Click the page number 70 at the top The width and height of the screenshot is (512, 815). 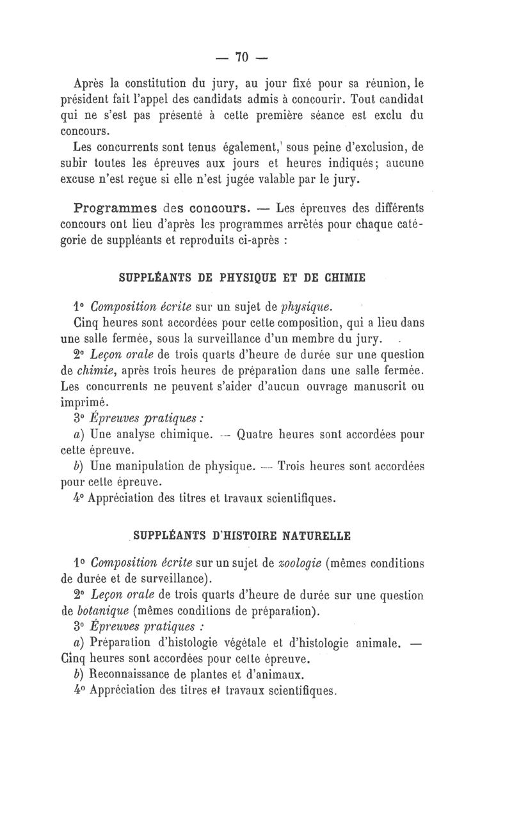click(241, 57)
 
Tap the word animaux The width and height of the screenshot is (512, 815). click(282, 674)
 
